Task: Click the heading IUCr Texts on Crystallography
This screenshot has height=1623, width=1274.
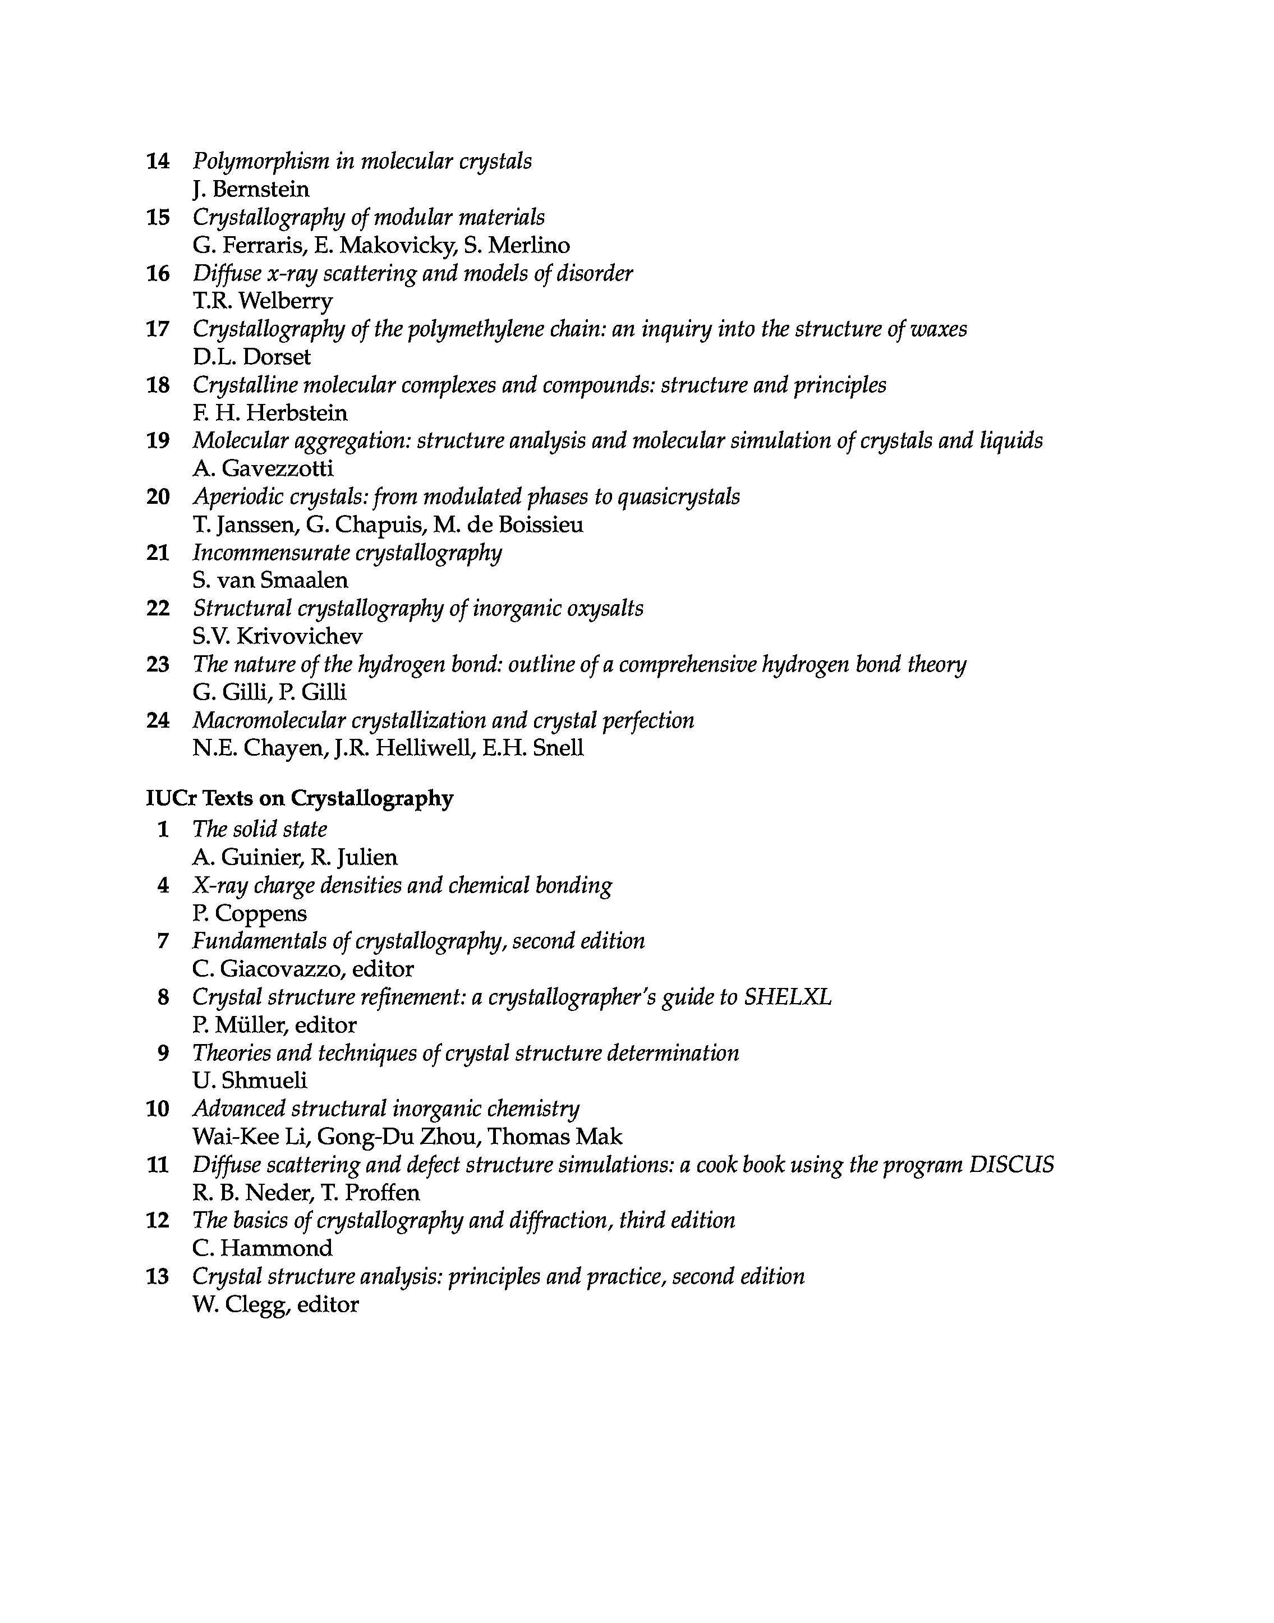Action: point(299,799)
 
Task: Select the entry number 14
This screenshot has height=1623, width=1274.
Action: point(158,161)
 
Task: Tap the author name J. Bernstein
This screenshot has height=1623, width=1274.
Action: point(251,190)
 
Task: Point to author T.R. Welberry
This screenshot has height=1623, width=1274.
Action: point(263,301)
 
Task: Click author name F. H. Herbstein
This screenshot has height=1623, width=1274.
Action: point(270,413)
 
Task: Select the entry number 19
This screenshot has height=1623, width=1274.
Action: point(158,441)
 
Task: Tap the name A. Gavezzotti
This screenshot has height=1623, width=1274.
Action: point(263,469)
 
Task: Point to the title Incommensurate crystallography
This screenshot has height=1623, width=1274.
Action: point(347,553)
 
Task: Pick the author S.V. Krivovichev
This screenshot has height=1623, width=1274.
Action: point(278,637)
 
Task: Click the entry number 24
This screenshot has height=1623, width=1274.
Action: point(158,720)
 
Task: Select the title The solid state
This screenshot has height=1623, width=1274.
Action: point(260,829)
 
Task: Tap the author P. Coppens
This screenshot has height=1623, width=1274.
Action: point(249,914)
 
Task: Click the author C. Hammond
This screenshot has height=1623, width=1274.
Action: point(263,1249)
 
